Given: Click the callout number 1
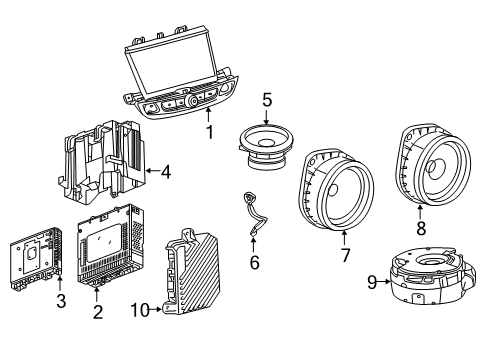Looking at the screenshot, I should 209,130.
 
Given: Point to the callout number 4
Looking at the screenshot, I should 165,172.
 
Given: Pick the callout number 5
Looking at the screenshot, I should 267,100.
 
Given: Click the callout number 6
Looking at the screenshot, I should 254,262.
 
